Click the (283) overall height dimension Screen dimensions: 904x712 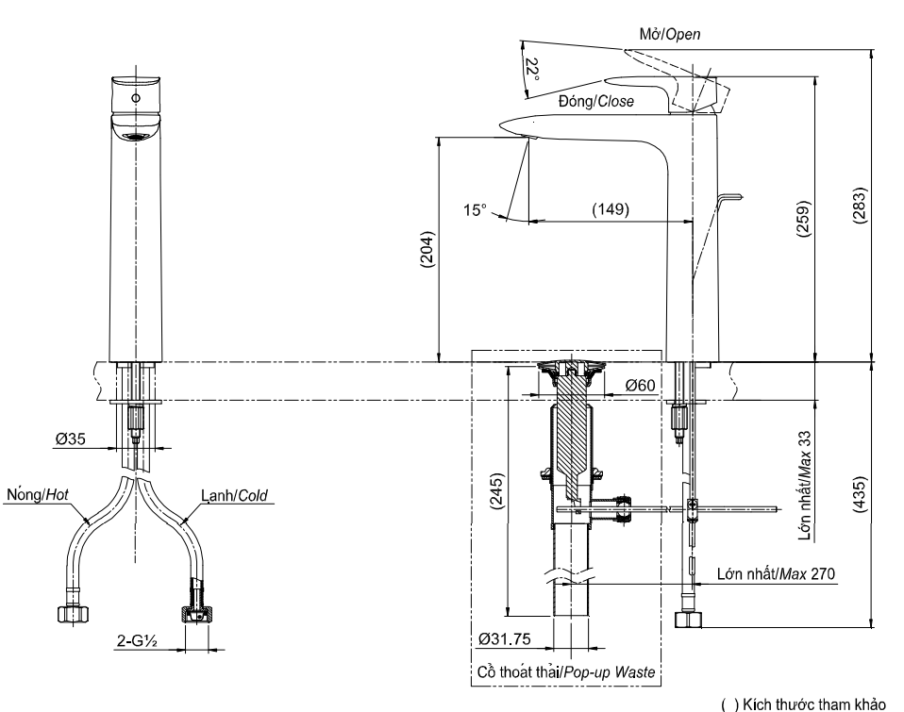point(859,205)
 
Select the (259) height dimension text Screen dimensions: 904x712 point(802,219)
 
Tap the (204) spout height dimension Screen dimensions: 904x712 point(427,250)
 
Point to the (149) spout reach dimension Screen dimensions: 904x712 point(611,209)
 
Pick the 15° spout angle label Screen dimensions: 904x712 point(475,210)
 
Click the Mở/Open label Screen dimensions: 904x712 point(669,35)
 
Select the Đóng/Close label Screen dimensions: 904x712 point(596,102)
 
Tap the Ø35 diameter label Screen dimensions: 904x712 point(70,439)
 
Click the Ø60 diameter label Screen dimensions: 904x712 point(641,385)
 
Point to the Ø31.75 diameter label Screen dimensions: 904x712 point(505,638)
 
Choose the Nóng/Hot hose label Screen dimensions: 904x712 point(38,495)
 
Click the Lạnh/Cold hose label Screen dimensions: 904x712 point(234,495)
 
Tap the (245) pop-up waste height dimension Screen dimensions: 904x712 point(496,490)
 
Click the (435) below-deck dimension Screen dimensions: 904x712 point(859,494)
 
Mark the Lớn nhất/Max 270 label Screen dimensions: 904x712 point(776,573)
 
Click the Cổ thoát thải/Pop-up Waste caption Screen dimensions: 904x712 point(566,672)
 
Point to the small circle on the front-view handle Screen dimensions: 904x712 point(136,98)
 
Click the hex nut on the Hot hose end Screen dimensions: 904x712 point(75,615)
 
